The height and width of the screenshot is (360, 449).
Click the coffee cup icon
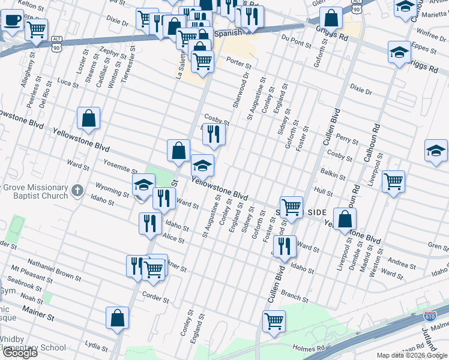coord(11,20)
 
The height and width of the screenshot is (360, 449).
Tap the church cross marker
coord(77,191)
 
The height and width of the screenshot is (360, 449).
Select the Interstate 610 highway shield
coord(429,315)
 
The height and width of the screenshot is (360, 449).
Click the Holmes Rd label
coord(309,347)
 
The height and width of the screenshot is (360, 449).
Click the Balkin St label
coord(332,173)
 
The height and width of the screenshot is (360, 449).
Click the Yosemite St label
coord(120,169)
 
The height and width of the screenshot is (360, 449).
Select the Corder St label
coord(155,295)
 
